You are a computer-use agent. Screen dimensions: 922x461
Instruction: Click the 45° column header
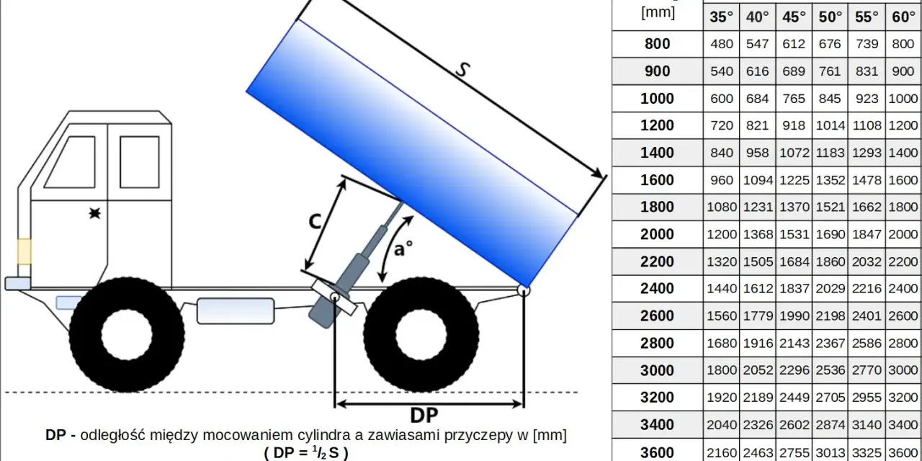[794, 17]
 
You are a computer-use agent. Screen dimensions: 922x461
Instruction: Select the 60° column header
[903, 17]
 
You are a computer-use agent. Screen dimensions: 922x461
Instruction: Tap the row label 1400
[657, 153]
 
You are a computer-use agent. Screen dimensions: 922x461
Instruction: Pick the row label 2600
[657, 315]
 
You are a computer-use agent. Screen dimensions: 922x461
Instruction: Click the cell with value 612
[794, 44]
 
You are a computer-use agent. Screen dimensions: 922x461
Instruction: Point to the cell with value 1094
[758, 180]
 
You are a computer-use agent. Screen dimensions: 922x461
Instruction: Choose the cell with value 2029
[830, 289]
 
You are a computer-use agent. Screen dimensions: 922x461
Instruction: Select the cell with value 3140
[867, 424]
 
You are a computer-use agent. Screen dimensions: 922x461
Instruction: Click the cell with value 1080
[722, 207]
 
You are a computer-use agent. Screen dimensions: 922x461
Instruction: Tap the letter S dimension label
[463, 70]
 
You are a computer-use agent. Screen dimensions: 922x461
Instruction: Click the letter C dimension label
[315, 223]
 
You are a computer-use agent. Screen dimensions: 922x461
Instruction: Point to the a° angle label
[403, 249]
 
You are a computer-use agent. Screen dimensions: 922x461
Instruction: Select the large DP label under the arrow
[424, 416]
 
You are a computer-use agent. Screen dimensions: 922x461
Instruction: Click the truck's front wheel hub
[127, 335]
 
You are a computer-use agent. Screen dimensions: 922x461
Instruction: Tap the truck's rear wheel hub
[421, 335]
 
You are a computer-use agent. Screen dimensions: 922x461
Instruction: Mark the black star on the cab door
[95, 213]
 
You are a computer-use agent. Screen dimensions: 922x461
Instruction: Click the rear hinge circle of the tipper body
[524, 290]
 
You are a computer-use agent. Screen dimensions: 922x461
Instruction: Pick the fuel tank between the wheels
[236, 311]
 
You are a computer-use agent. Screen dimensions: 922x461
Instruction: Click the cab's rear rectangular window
[140, 162]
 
